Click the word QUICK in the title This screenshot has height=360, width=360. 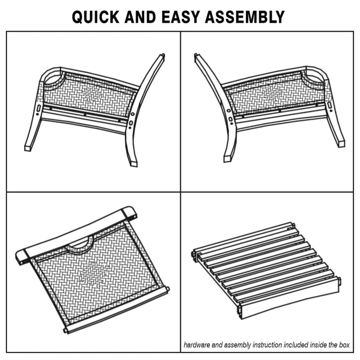(x=96, y=17)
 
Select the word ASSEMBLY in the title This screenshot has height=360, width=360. (x=245, y=17)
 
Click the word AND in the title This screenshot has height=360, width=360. (x=141, y=17)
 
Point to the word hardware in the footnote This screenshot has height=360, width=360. (x=197, y=345)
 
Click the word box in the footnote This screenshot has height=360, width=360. (x=344, y=345)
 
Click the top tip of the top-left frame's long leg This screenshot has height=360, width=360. (x=163, y=55)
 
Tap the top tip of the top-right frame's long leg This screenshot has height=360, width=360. (x=196, y=56)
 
